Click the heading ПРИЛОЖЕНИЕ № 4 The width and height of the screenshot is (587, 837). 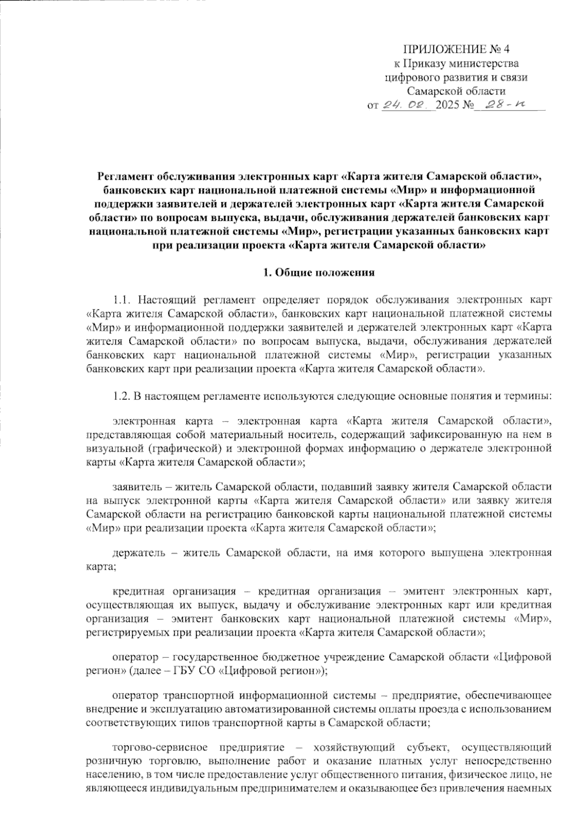coord(456,49)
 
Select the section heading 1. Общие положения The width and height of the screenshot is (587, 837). coord(318,273)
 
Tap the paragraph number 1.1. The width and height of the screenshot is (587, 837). coord(122,299)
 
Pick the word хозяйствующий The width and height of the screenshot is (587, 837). coord(361,747)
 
